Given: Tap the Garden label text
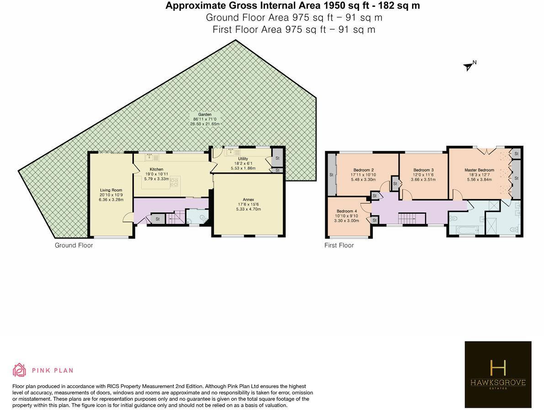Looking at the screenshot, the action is coord(205,115).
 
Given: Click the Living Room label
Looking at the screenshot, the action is coord(111,190).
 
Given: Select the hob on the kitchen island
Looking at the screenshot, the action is coord(174,182).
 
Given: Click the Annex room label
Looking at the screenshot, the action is coord(248,200).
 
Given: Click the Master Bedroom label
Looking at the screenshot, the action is coord(479,170).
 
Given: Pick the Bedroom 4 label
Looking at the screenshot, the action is coord(347,211).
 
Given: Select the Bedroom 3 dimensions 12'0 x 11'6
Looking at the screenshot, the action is coord(423,175).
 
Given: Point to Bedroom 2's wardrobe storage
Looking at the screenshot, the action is coord(331,174).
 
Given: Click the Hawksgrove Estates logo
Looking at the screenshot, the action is coord(498,374).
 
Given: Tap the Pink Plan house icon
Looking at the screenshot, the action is coord(20,370).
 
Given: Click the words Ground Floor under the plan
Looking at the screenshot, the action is coord(74,245).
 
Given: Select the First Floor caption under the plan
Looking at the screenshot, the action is coord(339,245).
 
